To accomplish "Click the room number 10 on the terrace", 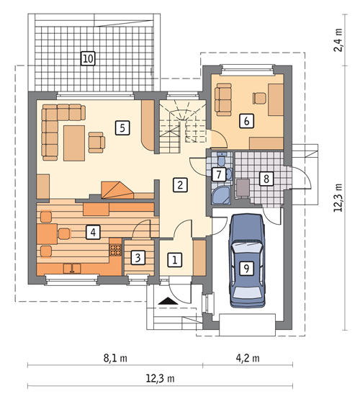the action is click(88, 58).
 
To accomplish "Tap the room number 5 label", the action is click(122, 127).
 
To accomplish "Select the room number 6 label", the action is click(246, 121).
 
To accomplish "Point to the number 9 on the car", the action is click(246, 268).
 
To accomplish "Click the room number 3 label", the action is click(138, 258).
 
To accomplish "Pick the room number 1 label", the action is click(175, 260).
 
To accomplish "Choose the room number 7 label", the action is click(219, 174).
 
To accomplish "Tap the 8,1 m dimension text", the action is click(115, 358).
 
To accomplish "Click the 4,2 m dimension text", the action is click(248, 358).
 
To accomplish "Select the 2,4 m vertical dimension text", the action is click(338, 40).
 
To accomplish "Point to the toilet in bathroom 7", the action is click(222, 158).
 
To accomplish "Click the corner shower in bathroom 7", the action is click(221, 195).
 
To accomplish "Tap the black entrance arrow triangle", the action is click(168, 301).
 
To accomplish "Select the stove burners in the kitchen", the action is click(115, 250).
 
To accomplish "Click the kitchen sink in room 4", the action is click(72, 269).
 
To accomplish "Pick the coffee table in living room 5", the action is click(74, 143).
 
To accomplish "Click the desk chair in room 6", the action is click(259, 98).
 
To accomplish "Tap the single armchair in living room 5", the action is click(96, 143).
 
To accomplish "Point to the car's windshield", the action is click(247, 247).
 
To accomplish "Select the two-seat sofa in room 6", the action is click(223, 99).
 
